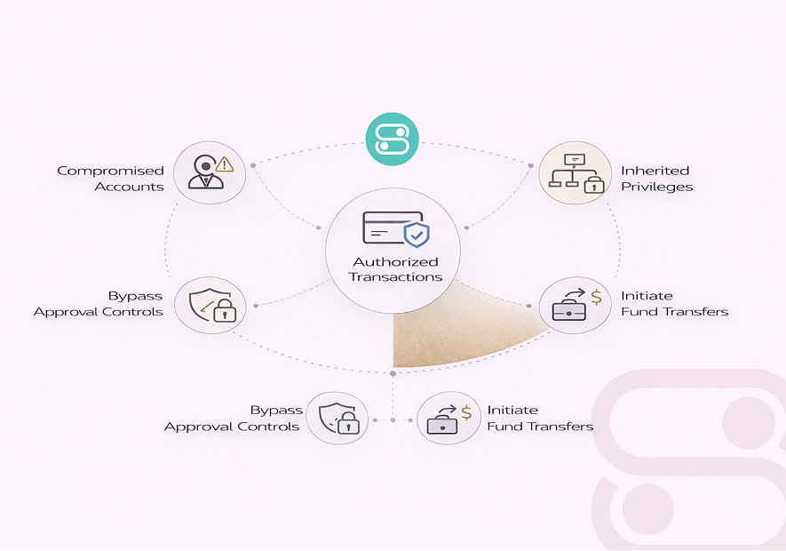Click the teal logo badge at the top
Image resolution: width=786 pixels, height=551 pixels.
tap(393, 139)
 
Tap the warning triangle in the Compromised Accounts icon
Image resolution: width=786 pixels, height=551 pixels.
tap(224, 164)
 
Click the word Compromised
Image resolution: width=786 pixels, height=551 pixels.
tap(111, 171)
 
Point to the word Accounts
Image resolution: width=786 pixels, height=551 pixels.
tap(130, 187)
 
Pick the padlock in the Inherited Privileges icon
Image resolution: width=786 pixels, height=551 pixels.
tap(591, 184)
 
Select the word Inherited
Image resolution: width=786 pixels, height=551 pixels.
tap(655, 171)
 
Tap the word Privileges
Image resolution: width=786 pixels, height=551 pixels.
tap(657, 187)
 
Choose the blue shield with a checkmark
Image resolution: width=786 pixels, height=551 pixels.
tap(417, 236)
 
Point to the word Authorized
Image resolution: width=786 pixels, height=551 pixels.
tap(396, 261)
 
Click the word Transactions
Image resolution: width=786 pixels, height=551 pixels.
tap(395, 276)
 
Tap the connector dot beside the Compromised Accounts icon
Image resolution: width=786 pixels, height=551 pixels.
tap(253, 165)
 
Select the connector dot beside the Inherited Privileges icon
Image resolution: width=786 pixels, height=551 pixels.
tap(530, 165)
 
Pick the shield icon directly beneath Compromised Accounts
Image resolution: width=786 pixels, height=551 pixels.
tap(210, 306)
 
